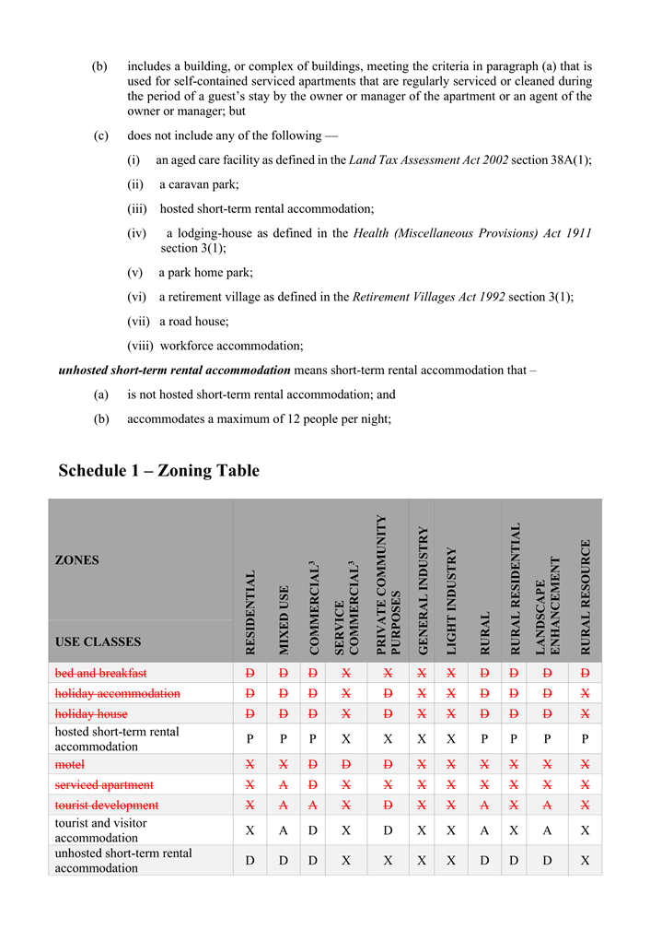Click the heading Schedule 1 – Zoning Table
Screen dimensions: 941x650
158,471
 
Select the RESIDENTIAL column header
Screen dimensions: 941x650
250,612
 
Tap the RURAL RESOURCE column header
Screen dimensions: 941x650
586,596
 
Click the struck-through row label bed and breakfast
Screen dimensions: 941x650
100,673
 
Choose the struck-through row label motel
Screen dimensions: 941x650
69,764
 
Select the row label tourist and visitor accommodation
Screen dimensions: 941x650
100,830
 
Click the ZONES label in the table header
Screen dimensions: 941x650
76,560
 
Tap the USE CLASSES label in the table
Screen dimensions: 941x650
98,641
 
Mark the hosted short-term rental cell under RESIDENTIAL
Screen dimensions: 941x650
250,739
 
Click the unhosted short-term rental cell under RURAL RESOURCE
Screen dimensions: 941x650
586,861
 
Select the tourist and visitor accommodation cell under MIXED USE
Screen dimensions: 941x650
283,830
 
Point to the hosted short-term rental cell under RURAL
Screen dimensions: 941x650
484,739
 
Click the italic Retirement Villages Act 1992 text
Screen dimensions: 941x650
428,297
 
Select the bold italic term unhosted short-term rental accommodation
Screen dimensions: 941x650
174,371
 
